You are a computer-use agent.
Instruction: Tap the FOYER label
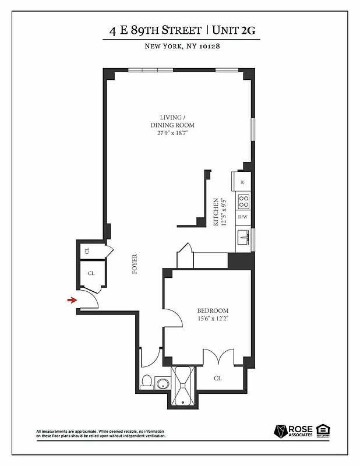[x=135, y=264]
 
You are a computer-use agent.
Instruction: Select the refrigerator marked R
[x=242, y=182]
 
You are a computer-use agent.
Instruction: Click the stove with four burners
[x=243, y=201]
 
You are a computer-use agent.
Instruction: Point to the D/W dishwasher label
[x=242, y=217]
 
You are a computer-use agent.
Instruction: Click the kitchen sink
[x=242, y=238]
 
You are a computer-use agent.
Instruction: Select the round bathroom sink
[x=163, y=384]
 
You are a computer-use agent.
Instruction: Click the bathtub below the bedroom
[x=183, y=386]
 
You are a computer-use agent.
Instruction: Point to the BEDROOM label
[x=213, y=310]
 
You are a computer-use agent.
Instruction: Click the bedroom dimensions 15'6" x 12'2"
[x=213, y=319]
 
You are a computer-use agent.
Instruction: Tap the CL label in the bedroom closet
[x=218, y=378]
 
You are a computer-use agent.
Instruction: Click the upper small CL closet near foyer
[x=87, y=251]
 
